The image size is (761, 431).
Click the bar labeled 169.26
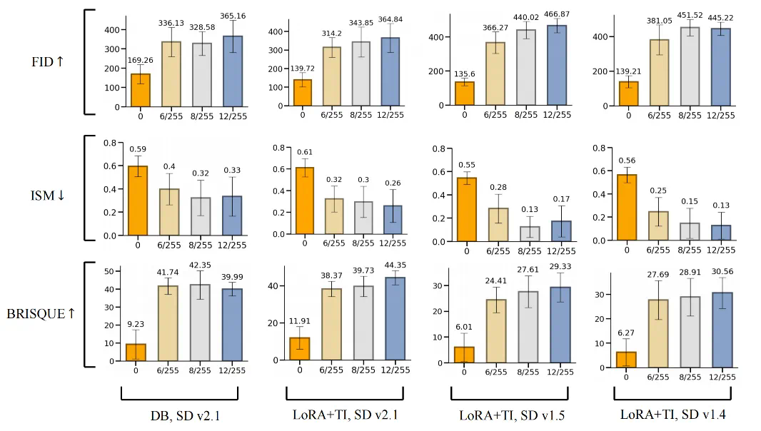(141, 90)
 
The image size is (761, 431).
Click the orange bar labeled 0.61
(303, 202)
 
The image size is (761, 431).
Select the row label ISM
(48, 194)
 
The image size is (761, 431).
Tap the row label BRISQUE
(41, 313)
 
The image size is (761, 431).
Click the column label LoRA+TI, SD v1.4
(672, 414)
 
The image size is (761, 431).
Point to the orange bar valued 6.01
(465, 354)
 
